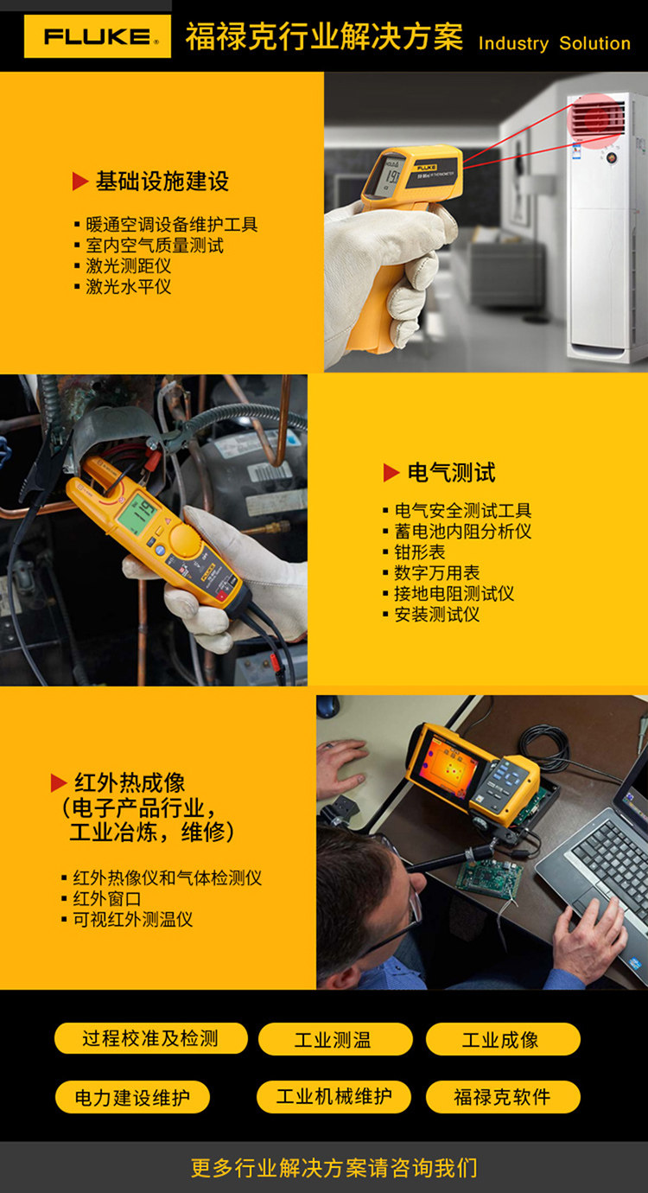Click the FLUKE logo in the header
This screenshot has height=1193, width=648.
point(98,36)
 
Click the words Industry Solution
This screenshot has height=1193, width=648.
point(555,43)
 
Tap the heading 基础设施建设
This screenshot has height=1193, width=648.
point(162,181)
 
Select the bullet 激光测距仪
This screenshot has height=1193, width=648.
point(129,265)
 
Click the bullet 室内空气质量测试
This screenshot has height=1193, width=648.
point(155,245)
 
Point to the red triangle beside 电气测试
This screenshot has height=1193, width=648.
point(391,472)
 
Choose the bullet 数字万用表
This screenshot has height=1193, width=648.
point(436,572)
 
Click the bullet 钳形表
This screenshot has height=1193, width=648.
point(420,552)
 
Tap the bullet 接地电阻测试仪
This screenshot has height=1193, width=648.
point(454,593)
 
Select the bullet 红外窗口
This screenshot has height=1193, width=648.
point(107,898)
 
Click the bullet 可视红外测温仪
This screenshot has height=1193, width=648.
point(132,919)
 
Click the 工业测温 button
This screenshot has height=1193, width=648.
point(335,1039)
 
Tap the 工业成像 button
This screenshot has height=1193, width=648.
point(503,1039)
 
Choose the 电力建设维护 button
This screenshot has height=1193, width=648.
point(132,1097)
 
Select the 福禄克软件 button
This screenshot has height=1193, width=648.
point(503,1097)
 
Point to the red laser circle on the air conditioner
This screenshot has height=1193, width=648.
point(596,118)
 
